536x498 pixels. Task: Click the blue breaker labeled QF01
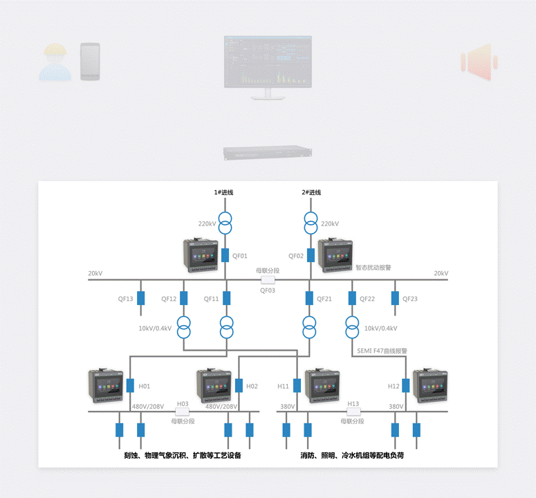tap(225, 255)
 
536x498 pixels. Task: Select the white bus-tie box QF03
tap(268, 280)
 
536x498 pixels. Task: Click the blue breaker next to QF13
tap(141, 298)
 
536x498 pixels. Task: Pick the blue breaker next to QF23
tap(396, 298)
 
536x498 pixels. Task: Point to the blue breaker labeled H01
tap(130, 386)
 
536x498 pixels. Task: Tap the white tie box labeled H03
tap(183, 412)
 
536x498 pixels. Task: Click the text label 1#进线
tap(223, 192)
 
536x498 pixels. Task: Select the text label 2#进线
tap(311, 192)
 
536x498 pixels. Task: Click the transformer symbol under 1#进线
tap(225, 223)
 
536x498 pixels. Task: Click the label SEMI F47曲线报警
tap(382, 351)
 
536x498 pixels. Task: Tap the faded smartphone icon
tap(90, 62)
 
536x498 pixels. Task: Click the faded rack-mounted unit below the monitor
tap(267, 153)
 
